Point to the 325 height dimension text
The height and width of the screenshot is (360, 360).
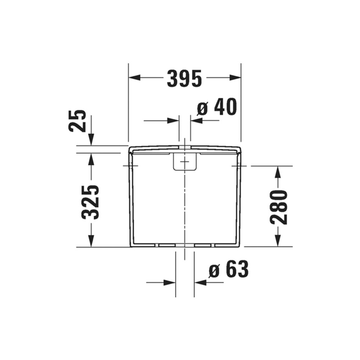(91, 202)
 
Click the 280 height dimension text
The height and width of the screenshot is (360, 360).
(279, 207)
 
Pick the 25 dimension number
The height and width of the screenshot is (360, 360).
(78, 121)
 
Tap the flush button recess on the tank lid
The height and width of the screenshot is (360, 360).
(185, 162)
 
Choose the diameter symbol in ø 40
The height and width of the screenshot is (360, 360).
(203, 109)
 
